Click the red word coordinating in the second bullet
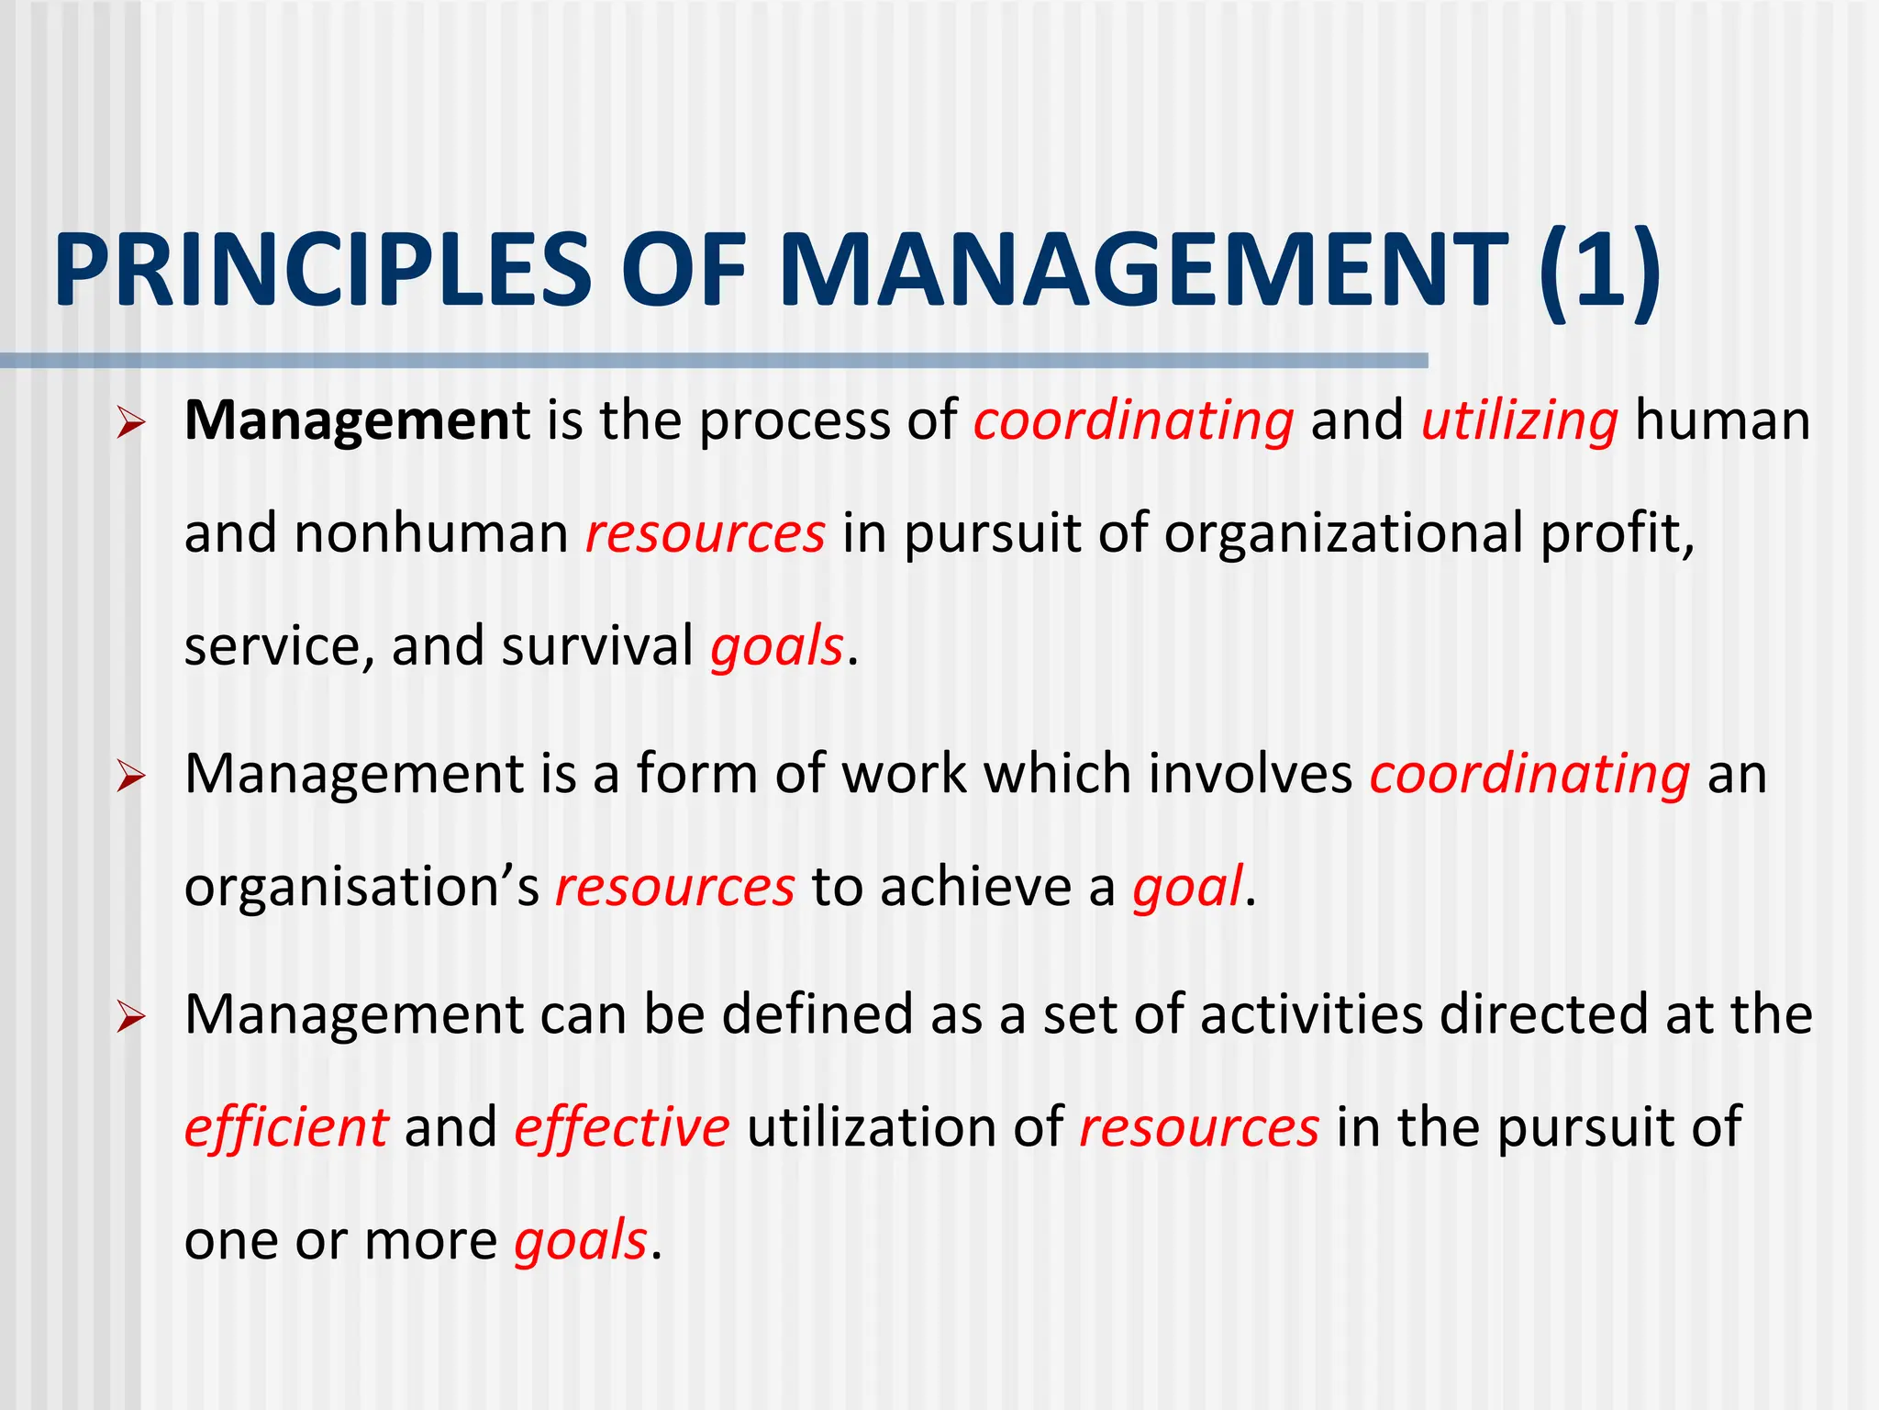[x=1529, y=774]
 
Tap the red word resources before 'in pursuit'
[x=706, y=533]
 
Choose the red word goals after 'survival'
[x=776, y=646]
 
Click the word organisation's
[x=361, y=887]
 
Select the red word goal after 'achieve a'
[x=1187, y=887]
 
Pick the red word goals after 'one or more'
[x=581, y=1241]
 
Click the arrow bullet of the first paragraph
[x=131, y=424]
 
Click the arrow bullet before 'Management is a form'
[x=131, y=778]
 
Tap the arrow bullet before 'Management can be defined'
[x=131, y=1018]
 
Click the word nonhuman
[x=431, y=533]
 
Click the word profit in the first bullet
[x=1610, y=533]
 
